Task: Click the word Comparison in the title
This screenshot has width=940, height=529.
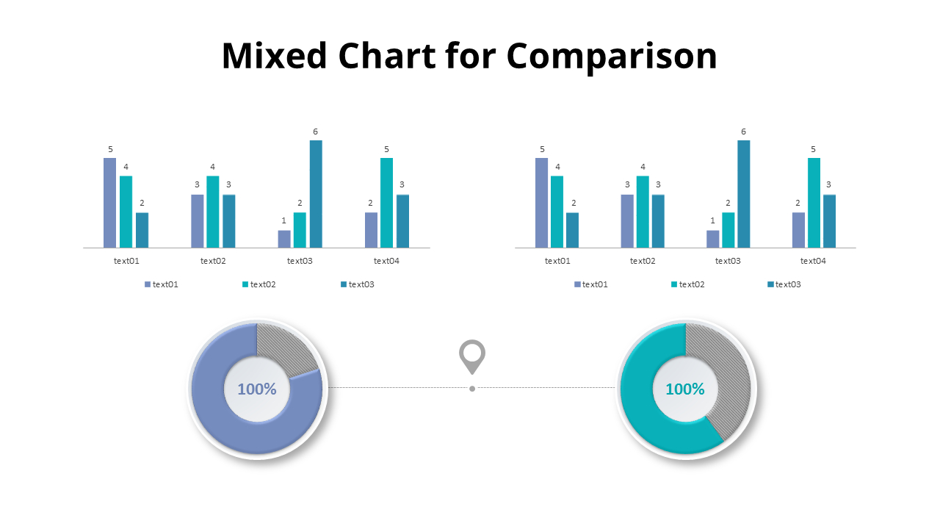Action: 612,57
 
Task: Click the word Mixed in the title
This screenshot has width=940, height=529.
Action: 274,57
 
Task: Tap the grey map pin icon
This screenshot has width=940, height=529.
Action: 472,356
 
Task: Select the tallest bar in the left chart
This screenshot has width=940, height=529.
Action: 316,194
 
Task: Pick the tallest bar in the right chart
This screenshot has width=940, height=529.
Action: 744,194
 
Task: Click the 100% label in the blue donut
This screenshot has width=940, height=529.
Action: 256,389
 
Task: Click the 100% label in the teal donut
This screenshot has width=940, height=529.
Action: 685,389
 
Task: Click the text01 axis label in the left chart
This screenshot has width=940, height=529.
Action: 126,261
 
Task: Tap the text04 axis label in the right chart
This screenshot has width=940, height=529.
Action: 813,261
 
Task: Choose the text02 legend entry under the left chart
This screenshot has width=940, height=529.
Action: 259,284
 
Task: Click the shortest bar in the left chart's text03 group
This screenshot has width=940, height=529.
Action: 284,239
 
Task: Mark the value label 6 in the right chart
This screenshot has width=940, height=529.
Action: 743,132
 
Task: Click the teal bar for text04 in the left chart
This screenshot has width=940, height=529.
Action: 386,203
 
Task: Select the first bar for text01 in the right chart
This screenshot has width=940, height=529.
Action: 541,203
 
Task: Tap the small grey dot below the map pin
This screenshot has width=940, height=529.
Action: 472,389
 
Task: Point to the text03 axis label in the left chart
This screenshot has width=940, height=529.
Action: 300,261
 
